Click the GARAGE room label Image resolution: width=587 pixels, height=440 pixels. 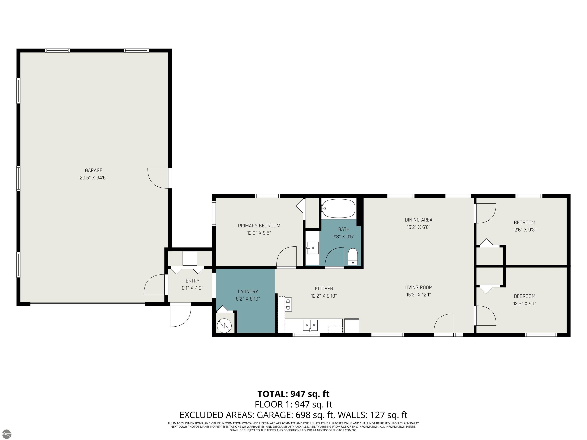point(93,171)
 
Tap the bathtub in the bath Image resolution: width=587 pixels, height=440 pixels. point(338,208)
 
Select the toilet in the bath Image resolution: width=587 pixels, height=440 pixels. point(353,256)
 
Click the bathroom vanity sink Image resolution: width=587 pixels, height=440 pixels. point(313,248)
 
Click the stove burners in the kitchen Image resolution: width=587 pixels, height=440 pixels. point(288,304)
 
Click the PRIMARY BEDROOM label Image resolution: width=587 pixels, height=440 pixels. point(259,226)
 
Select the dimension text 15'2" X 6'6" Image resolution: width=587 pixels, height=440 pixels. point(418,227)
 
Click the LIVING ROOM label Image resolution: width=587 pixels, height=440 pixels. point(418,287)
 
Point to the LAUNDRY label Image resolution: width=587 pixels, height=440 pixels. point(248,291)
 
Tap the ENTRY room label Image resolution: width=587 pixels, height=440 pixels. point(192,281)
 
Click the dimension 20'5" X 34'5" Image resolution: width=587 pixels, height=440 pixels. point(93,178)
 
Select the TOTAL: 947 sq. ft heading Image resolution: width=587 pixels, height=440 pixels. point(293,394)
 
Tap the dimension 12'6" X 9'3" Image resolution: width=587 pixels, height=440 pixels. point(524,230)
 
